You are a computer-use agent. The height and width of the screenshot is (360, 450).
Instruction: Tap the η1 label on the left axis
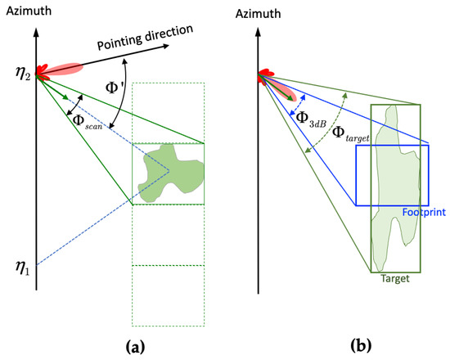pyautogui.click(x=23, y=266)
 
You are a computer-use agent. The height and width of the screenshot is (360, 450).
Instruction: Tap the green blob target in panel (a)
pyautogui.click(x=168, y=173)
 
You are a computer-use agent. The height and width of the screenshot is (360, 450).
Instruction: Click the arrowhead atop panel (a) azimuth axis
pyautogui.click(x=36, y=31)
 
